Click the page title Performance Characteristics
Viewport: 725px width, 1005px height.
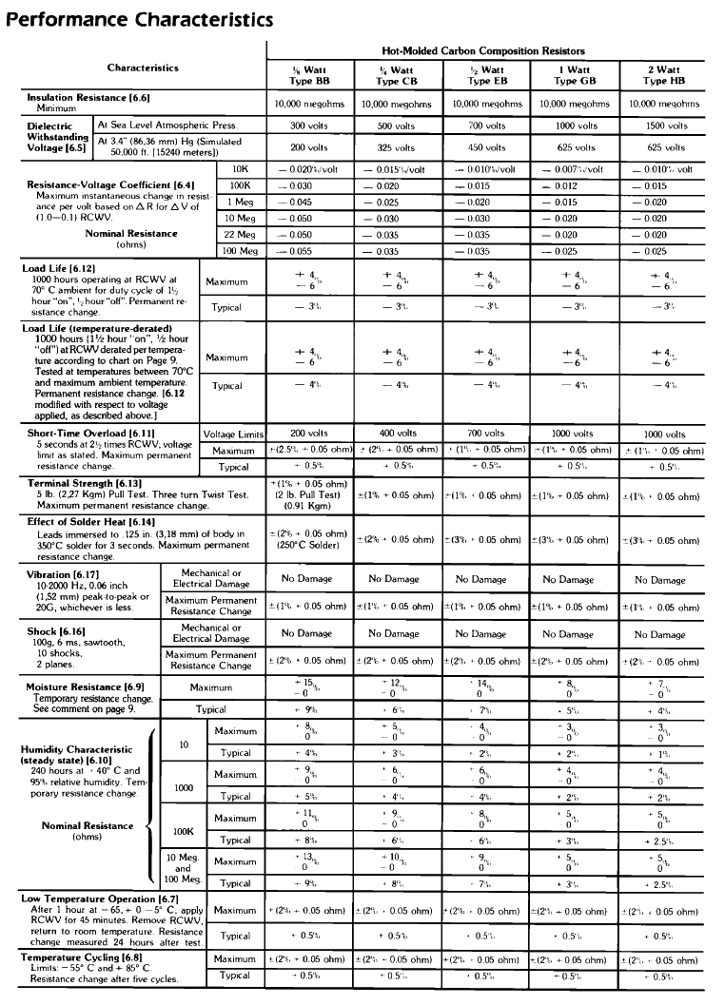click(x=140, y=19)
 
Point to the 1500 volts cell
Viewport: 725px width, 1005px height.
click(x=659, y=126)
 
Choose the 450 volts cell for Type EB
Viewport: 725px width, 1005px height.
click(x=482, y=147)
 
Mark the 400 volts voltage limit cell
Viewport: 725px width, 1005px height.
click(x=394, y=435)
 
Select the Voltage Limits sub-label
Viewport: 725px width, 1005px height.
click(x=232, y=435)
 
